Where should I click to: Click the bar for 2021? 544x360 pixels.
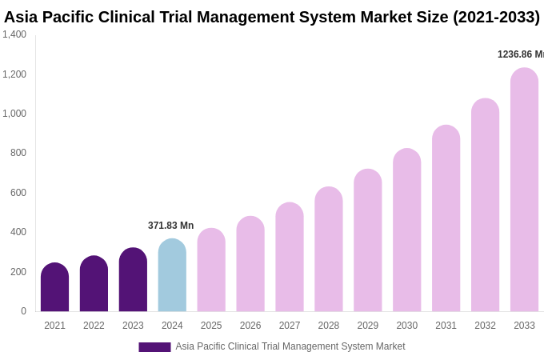[54, 287]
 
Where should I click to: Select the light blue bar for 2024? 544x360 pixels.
[172, 275]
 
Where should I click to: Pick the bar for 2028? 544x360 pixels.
[328, 249]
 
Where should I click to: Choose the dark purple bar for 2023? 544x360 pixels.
[133, 279]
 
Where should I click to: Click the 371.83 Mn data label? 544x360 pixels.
[170, 226]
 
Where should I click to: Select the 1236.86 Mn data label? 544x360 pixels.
[520, 54]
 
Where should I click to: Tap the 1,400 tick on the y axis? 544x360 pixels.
[14, 34]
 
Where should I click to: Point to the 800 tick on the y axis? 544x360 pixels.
[18, 153]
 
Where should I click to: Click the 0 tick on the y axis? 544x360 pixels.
[23, 311]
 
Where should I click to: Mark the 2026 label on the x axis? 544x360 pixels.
[250, 326]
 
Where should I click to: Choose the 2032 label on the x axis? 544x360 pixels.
[485, 326]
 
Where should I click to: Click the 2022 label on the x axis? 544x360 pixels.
[94, 326]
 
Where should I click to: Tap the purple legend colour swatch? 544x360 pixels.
[154, 347]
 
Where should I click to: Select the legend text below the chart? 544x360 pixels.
[290, 346]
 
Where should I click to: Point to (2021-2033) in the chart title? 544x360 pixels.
[496, 17]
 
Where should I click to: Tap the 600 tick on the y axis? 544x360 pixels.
[18, 193]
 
